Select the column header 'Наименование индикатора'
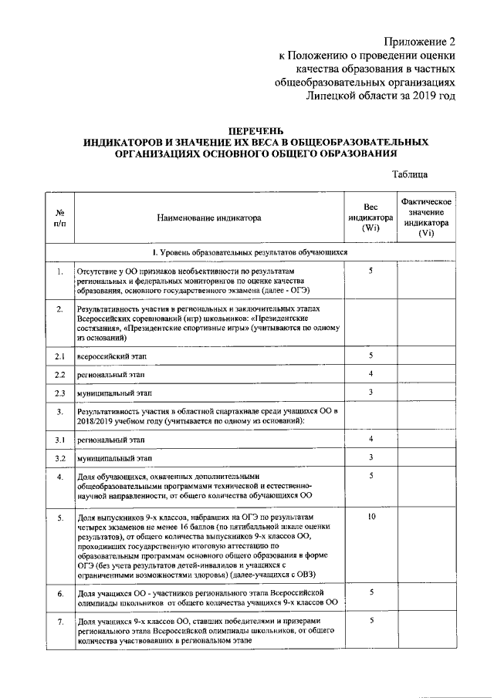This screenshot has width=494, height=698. pos(208,218)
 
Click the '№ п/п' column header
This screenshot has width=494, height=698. pos(60,218)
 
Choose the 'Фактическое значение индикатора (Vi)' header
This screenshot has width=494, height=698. pos(425,218)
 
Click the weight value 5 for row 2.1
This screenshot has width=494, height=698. pos(371,356)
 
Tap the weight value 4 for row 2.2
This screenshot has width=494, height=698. pos(371,374)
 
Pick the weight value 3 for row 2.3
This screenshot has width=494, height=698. pos(371,393)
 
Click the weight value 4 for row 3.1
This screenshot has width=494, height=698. pos(371,439)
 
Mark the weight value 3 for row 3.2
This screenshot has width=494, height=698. pos(371,457)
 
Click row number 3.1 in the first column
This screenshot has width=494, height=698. pos(60,440)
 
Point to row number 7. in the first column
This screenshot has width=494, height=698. pos(60,621)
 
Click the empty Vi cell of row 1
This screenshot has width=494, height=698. pos(425,281)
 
